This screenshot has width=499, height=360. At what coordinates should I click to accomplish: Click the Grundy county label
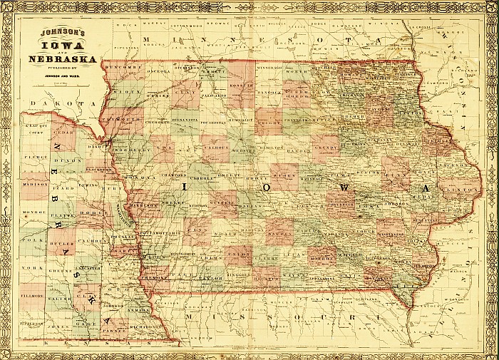[325, 149]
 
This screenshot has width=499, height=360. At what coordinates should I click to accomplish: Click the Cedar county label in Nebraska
[63, 132]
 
